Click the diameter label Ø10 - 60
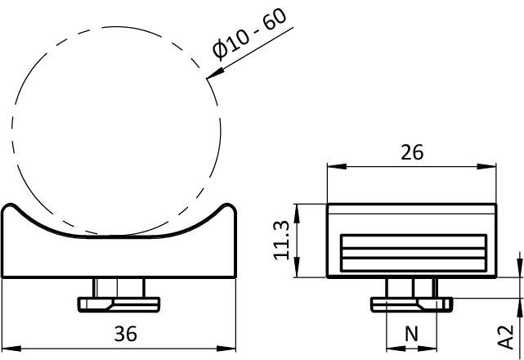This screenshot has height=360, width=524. [249, 34]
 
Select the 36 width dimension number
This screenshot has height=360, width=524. [125, 334]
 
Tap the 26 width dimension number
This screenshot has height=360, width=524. [412, 152]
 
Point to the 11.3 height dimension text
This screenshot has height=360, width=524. [281, 240]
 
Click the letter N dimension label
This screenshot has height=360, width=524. [411, 334]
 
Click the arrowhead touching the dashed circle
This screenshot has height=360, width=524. [215, 74]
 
